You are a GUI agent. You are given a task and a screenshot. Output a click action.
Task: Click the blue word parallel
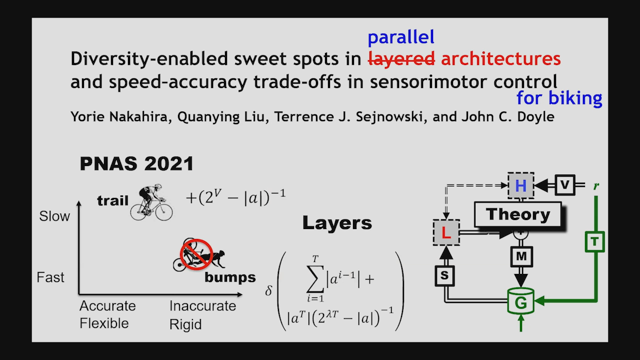tap(400, 37)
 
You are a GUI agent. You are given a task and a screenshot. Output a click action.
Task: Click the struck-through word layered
tap(401, 59)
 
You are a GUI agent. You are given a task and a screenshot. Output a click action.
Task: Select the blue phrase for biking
tap(559, 98)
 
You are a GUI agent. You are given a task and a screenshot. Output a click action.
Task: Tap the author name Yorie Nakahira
tap(105, 117)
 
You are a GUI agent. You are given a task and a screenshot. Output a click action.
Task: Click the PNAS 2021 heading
tap(136, 163)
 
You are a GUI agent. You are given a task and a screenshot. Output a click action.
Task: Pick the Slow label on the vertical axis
tap(54, 216)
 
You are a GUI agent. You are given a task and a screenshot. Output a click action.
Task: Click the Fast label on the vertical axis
tap(50, 277)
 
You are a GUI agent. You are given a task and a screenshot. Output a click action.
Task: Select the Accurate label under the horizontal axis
tap(107, 306)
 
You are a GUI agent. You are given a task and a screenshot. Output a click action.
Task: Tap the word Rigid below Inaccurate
tap(185, 324)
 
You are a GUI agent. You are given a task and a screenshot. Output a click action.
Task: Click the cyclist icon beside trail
tap(151, 202)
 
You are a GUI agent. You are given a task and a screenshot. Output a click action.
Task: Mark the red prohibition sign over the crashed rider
tap(196, 255)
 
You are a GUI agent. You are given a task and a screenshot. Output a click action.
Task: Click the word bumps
tap(230, 277)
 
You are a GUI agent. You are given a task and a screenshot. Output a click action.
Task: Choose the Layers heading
tap(337, 223)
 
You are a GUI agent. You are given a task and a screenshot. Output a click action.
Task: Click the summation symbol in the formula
tap(315, 279)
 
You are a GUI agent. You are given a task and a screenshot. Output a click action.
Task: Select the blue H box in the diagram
tap(520, 186)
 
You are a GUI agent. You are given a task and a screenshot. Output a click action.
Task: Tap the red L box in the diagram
tap(446, 232)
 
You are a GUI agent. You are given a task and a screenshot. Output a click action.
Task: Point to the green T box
tap(594, 242)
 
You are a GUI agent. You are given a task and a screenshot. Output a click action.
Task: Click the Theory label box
tap(517, 215)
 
